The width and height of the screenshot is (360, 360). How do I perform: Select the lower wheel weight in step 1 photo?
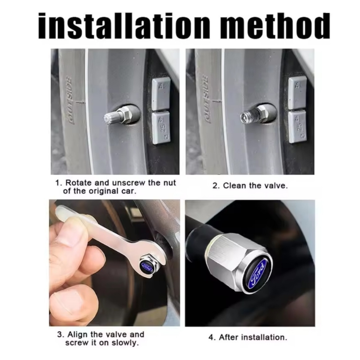tap(161, 128)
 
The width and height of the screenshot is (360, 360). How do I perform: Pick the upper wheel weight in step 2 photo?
tap(297, 93)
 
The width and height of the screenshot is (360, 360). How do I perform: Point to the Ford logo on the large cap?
tap(258, 273)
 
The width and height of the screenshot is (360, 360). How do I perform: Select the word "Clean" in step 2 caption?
tap(235, 185)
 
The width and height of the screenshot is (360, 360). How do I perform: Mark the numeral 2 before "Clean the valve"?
tap(215, 186)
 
